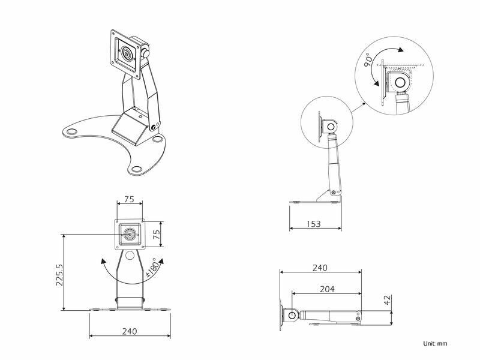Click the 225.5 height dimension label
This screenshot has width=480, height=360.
[x=59, y=275]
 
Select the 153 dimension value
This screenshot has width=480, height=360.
[x=314, y=224]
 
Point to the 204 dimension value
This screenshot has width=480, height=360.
[x=327, y=289]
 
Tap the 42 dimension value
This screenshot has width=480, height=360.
[x=388, y=299]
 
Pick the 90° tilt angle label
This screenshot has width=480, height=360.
[x=368, y=60]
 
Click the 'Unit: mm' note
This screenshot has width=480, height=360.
[x=435, y=343]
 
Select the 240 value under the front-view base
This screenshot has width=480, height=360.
[x=130, y=331]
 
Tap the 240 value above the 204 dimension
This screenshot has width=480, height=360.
[x=320, y=268]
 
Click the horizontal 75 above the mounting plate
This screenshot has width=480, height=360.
[x=130, y=199]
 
